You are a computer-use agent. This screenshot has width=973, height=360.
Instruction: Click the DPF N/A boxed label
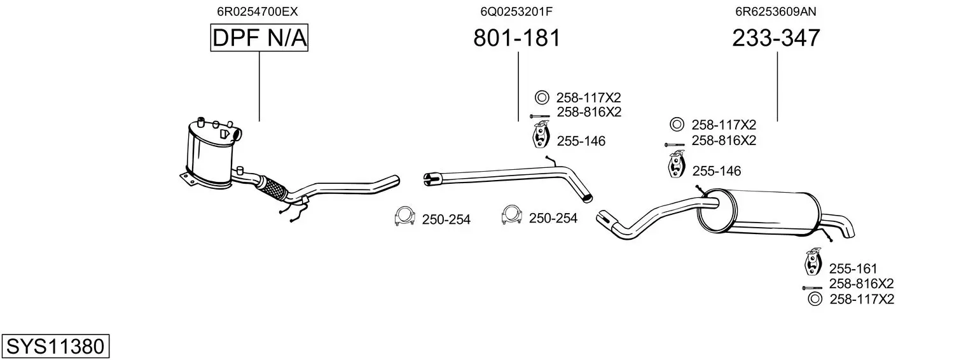tap(259, 38)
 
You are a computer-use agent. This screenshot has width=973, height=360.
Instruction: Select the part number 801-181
tap(517, 38)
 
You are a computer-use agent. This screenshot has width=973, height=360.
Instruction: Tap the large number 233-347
tap(776, 38)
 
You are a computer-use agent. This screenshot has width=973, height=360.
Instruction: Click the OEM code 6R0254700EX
tap(258, 11)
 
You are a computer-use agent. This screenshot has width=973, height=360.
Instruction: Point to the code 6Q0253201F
tap(516, 11)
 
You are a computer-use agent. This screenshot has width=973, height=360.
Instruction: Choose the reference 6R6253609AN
tap(776, 11)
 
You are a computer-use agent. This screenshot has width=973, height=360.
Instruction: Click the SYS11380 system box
tap(55, 346)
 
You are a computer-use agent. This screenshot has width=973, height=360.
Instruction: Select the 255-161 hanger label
tap(853, 268)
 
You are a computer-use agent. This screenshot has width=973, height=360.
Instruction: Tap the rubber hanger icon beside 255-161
tap(813, 261)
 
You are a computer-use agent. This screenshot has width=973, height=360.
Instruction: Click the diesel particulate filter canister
tap(212, 154)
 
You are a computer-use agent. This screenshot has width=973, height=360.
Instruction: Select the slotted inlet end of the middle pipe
tap(432, 178)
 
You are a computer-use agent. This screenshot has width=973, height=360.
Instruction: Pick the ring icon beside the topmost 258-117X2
tap(542, 97)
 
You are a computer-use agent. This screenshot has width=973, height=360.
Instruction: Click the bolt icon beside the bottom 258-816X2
tap(812, 288)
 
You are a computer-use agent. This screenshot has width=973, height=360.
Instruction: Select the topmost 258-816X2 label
tap(589, 112)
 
